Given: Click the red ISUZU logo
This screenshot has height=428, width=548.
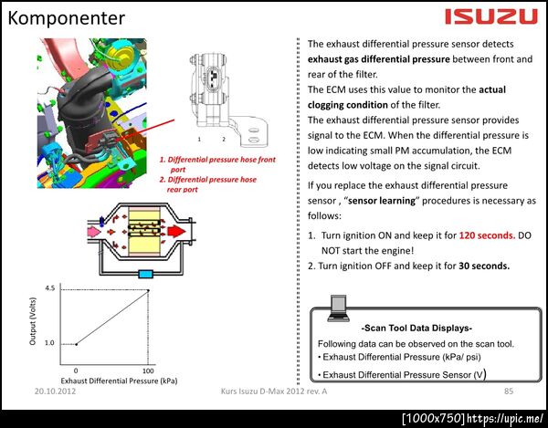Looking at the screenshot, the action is point(491,16).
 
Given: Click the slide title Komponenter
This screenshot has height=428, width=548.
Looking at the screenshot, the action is point(67,18).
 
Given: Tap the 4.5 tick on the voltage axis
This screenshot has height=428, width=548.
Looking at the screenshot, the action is point(50,288).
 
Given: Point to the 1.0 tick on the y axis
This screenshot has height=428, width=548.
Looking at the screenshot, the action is point(49,343).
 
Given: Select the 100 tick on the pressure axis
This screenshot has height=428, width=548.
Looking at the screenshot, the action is point(148,371).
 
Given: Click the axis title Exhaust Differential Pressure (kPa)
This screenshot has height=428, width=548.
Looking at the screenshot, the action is point(119,381).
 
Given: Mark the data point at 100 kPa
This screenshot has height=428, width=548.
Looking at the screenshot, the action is point(148,290).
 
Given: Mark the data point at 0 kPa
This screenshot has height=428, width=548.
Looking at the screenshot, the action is point(76,344).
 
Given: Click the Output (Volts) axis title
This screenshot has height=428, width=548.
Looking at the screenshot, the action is point(33,321).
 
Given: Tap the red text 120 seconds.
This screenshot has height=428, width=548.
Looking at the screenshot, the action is point(487,235).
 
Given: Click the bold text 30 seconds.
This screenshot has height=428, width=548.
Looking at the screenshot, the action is point(484,266).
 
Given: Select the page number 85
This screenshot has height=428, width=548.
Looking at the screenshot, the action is point(509,391).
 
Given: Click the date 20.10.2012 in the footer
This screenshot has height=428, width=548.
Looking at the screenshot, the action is point(55,391).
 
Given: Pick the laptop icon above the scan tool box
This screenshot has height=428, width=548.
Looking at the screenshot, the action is point(338,308).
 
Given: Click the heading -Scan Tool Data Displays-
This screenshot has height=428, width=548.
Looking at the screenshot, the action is point(416,329).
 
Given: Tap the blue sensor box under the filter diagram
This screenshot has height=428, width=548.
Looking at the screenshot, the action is point(145,274).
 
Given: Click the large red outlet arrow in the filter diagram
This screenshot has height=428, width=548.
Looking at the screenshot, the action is point(176,232).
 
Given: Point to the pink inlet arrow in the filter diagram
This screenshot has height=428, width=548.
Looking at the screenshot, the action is point(94,232).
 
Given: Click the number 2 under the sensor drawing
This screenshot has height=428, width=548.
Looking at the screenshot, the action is point(224,140).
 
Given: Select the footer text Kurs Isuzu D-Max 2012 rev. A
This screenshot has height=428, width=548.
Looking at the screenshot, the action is point(274,391).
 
